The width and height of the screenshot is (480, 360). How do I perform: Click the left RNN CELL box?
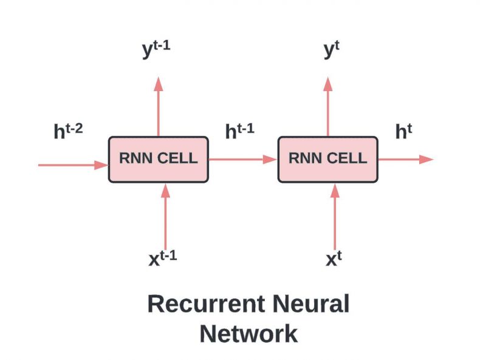coord(159,159)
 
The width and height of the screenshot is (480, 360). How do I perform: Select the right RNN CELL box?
coord(328,159)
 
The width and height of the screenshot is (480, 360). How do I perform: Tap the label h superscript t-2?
coord(68,131)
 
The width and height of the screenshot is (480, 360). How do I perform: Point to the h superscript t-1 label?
coord(239,131)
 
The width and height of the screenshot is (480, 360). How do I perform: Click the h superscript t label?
coord(403,131)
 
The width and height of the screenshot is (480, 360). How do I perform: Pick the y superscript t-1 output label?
coord(156,49)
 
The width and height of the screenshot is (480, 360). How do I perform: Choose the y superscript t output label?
coord(332,49)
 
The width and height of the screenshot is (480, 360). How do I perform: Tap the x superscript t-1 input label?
coord(163,258)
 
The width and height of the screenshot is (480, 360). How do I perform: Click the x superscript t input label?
coord(334,258)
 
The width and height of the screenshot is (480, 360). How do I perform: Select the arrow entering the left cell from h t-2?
coord(73,165)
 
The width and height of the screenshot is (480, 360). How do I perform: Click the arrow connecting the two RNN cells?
coord(243,159)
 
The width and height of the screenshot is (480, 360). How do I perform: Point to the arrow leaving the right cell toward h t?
coord(406,159)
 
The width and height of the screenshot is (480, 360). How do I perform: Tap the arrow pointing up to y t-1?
coord(158,106)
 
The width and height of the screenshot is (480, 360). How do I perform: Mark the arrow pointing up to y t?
coord(328,106)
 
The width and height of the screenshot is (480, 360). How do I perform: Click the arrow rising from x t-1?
coord(166,217)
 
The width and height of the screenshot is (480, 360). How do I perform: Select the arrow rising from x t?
coord(335,217)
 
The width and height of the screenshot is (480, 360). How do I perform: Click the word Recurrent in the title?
coord(206,304)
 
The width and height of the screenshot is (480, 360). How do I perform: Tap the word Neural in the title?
coord(310,304)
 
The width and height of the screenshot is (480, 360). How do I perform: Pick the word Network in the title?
coord(249,334)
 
